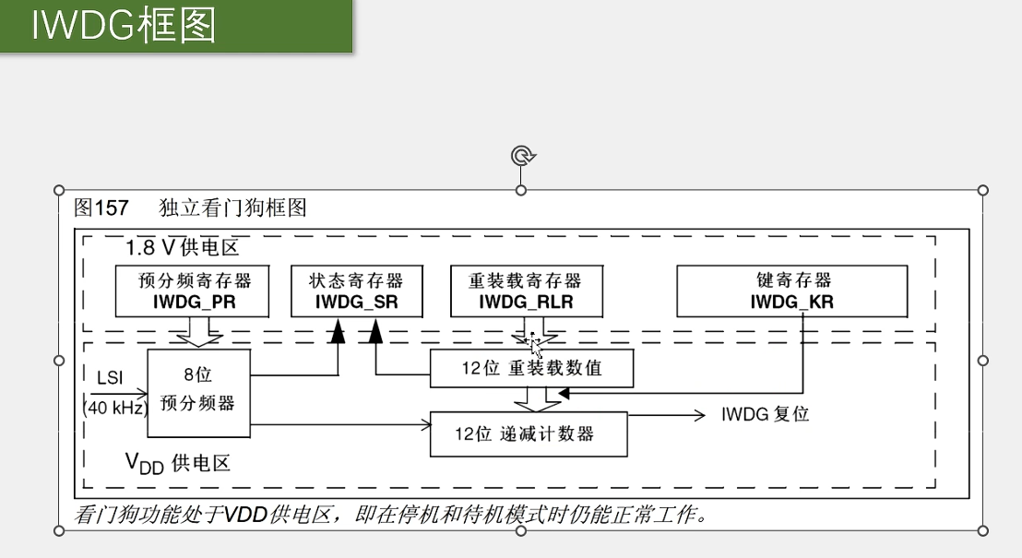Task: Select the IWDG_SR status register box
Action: coord(356,291)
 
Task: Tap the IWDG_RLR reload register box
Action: coord(527,291)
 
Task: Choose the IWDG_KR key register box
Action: coord(791,291)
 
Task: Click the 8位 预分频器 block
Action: coord(198,393)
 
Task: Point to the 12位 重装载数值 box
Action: coord(531,368)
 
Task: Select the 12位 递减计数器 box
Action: coord(529,433)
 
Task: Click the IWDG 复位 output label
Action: coord(765,415)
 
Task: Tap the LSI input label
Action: coord(109,377)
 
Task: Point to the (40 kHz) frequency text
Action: coord(116,407)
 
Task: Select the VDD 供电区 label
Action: coord(178,462)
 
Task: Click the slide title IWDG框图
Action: coord(124,27)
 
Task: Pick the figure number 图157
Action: coord(101,208)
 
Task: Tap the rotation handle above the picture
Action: coord(521,156)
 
